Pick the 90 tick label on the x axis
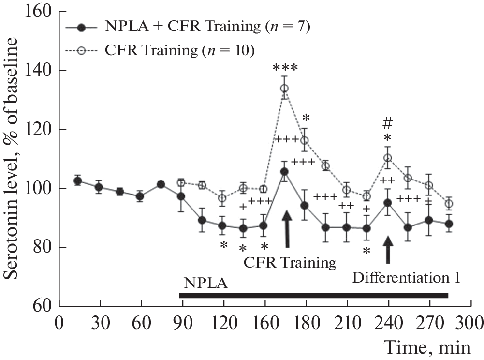coord(180,322)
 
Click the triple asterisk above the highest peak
coord(285,68)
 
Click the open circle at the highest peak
coord(285,89)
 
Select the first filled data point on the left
coord(78,181)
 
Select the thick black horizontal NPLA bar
coord(313,295)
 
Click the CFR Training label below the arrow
coord(290,263)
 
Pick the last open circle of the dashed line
coord(449,204)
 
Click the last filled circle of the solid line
coord(449,224)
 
